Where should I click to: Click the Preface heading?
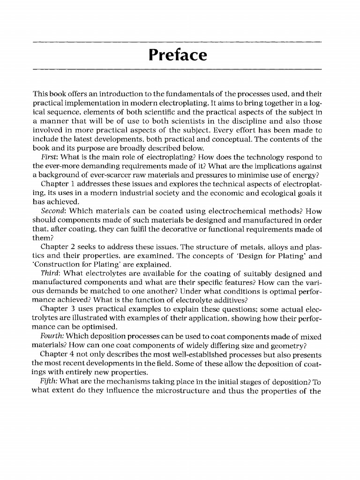(x=177, y=55)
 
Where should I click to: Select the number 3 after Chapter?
(x=75, y=308)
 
